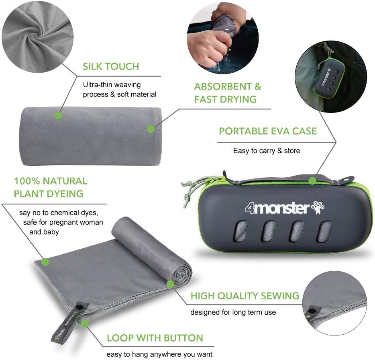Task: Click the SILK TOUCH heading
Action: [111, 67]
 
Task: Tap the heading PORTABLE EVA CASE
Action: [268, 131]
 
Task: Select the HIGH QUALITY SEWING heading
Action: [245, 296]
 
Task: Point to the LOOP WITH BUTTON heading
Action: [155, 338]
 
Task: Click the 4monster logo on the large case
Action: [277, 208]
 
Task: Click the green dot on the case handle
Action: [312, 181]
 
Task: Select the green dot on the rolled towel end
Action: [170, 284]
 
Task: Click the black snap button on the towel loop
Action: [79, 307]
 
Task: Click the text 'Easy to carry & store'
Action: [267, 151]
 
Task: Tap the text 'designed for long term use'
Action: [233, 312]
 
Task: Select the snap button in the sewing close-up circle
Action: [311, 311]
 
